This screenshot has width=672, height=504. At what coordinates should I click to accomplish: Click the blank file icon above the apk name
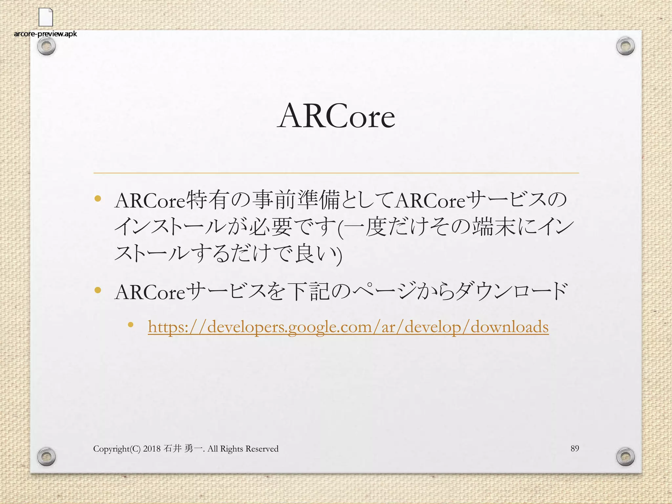[x=46, y=17]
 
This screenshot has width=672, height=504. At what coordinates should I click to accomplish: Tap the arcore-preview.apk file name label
[x=46, y=34]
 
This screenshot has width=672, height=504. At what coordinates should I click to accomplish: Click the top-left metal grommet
[x=46, y=47]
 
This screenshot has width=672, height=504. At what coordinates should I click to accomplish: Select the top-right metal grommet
[x=625, y=47]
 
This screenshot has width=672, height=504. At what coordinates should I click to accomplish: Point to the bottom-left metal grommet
[x=46, y=456]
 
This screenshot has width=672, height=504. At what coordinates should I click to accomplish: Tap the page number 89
[x=575, y=448]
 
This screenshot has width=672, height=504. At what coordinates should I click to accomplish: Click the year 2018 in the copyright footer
[x=152, y=449]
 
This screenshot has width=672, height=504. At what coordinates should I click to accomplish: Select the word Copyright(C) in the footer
[x=117, y=449]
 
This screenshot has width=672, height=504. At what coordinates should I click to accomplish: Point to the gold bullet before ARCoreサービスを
[x=97, y=290]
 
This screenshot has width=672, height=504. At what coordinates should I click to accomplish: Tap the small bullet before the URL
[x=131, y=325]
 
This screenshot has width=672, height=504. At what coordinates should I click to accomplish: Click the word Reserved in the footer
[x=262, y=449]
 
